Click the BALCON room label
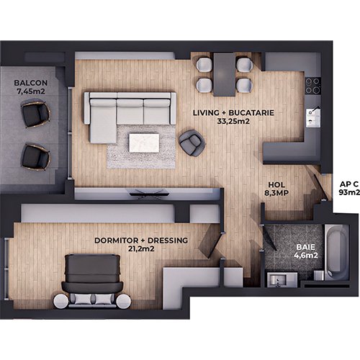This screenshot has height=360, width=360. click(x=31, y=83)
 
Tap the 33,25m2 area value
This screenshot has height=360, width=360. click(x=233, y=121)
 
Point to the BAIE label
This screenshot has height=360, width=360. click(x=305, y=247)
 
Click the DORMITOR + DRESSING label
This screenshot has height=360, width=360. click(x=141, y=240)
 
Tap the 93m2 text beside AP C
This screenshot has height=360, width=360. click(x=349, y=192)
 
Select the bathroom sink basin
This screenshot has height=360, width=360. click(x=278, y=280)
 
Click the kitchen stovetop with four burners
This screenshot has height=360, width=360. click(x=313, y=86)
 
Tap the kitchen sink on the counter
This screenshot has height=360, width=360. click(x=313, y=117)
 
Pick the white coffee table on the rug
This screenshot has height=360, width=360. click(x=144, y=143)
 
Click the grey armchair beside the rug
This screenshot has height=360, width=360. click(x=192, y=143)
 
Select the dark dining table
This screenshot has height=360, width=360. click(x=225, y=74)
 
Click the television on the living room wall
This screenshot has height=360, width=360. click(x=148, y=193)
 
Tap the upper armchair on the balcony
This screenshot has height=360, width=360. click(x=35, y=113)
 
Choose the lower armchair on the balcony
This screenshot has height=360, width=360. click(x=35, y=156)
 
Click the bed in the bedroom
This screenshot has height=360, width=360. click(x=92, y=280)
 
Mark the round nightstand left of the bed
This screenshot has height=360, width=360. click(x=60, y=301)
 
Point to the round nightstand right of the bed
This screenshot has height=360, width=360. click(x=124, y=301)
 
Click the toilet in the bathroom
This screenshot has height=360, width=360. click(x=319, y=275)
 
